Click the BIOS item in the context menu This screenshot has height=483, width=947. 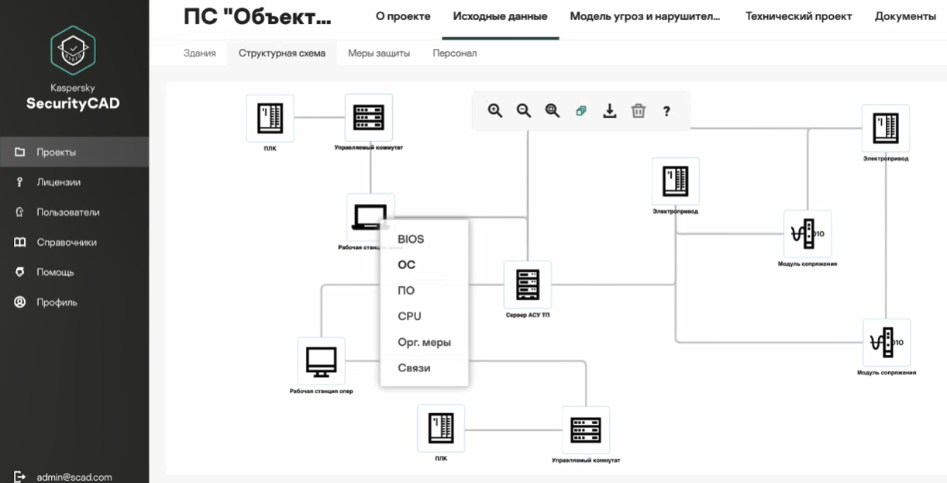(411, 239)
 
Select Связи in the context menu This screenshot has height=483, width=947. (414, 367)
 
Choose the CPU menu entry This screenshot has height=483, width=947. (409, 316)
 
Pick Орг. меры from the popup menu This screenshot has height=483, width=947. (424, 342)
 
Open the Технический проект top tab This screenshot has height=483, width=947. (798, 16)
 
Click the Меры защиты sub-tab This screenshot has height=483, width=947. (379, 53)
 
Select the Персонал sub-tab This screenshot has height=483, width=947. (455, 53)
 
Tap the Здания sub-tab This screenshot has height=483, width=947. (200, 53)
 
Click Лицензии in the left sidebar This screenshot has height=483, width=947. (58, 182)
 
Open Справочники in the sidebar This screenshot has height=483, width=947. (67, 242)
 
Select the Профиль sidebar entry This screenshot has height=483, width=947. (57, 302)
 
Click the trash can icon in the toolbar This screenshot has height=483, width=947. (638, 111)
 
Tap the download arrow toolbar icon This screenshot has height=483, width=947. (610, 111)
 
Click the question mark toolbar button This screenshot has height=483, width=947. (666, 111)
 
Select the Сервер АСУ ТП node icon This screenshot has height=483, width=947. (527, 285)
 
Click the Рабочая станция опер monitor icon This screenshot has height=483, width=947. (321, 361)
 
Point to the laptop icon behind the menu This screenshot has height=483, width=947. (367, 216)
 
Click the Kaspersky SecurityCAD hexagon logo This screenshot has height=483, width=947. (73, 50)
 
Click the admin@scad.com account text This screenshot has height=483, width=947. (74, 477)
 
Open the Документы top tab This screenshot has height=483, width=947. (905, 16)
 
